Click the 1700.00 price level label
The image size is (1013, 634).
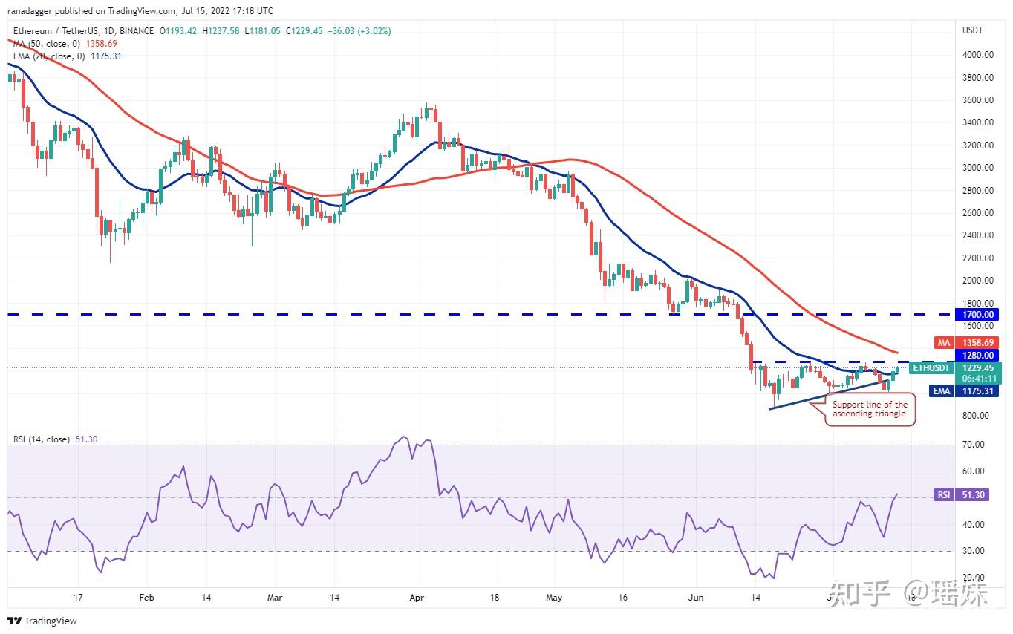tap(979, 315)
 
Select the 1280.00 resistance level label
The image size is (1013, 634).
tap(979, 356)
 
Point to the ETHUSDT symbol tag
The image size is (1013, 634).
tap(931, 367)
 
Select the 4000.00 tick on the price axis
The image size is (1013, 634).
tap(978, 55)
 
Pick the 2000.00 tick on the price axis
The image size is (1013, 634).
tap(978, 281)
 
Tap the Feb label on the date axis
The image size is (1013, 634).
tap(147, 597)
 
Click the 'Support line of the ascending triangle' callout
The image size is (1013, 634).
tap(870, 409)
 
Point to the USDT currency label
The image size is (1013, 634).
tap(973, 30)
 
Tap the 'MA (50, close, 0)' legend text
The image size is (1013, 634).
tap(47, 44)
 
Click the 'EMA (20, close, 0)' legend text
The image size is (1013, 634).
tap(48, 56)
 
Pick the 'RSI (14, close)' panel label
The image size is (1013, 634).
tap(42, 439)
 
